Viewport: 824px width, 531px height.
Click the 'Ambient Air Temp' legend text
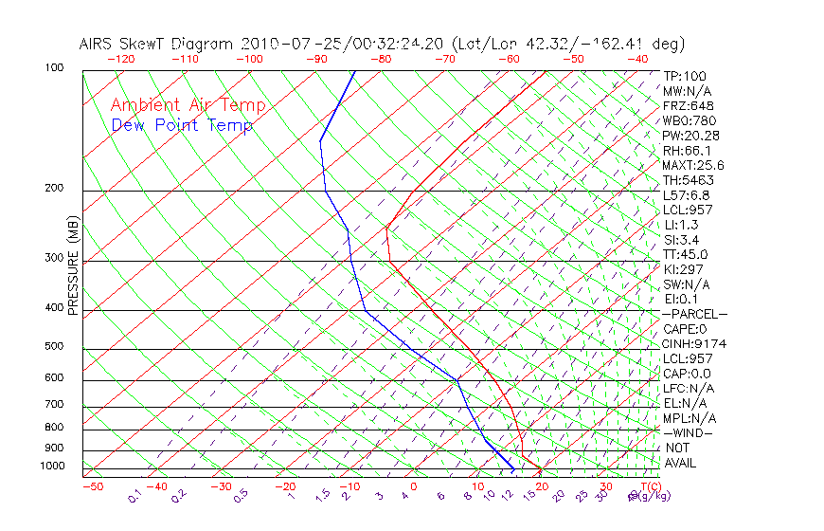188,106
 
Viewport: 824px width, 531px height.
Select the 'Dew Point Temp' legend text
181,126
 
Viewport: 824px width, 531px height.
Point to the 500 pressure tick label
53,347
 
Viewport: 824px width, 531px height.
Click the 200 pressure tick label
53,189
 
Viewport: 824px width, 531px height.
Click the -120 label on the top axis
120,59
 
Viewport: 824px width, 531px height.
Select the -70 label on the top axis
443,59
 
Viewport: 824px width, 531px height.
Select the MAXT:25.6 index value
693,165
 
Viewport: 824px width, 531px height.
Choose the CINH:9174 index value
694,343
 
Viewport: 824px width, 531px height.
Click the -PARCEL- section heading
694,314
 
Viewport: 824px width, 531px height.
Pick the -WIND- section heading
688,432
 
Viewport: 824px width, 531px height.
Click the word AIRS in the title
98,44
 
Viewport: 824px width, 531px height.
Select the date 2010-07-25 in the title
281,44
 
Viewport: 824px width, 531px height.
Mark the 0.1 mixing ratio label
135,496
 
